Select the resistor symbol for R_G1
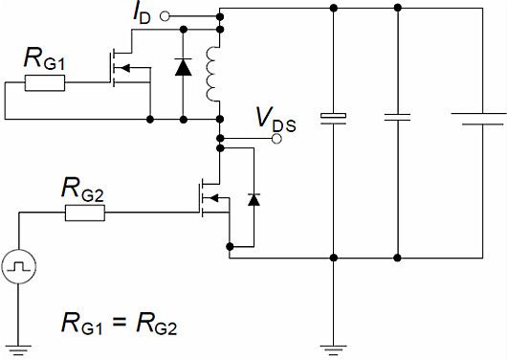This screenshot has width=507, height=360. click(x=45, y=83)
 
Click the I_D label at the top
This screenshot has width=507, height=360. click(x=142, y=15)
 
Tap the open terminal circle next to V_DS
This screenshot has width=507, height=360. click(x=277, y=139)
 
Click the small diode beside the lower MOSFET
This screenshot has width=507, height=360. click(x=253, y=199)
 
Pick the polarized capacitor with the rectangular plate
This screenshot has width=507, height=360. click(x=332, y=119)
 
